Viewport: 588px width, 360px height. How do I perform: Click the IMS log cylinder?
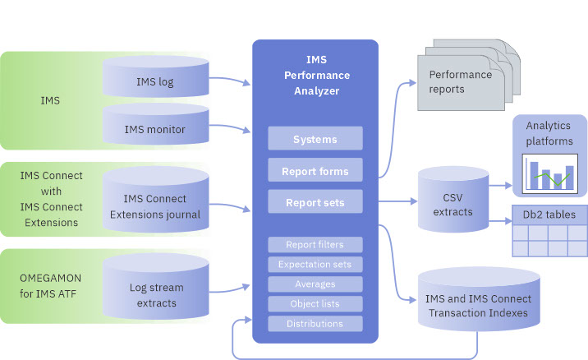point(155,82)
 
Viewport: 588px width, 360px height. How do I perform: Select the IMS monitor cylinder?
point(155,129)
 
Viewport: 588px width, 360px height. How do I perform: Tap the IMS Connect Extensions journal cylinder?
point(155,206)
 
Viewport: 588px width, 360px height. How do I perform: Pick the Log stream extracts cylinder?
point(155,294)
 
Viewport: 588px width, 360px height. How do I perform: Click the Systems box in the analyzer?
point(315,139)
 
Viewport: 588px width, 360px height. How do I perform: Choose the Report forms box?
point(315,171)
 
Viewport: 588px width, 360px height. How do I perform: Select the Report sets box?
point(315,201)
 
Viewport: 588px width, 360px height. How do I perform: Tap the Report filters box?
point(315,244)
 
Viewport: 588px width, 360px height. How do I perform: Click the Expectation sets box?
point(315,264)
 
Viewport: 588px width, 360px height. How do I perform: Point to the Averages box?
point(315,284)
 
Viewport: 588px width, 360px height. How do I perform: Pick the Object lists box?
point(315,303)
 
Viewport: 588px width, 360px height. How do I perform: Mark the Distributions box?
point(315,323)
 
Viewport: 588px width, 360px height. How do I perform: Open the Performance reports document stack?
point(462,81)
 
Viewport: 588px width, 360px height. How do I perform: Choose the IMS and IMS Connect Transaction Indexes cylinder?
point(478,304)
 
